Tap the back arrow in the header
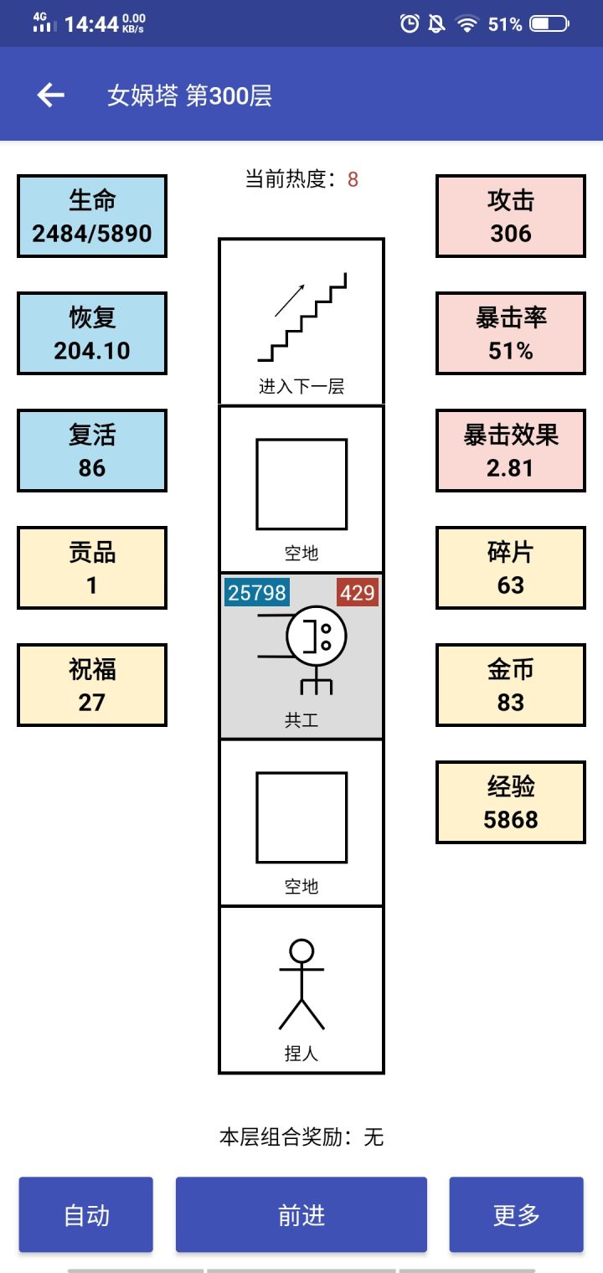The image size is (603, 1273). (x=51, y=95)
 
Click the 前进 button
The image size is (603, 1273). (x=301, y=1215)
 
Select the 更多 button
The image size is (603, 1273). (x=516, y=1215)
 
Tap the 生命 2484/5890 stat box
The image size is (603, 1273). (x=92, y=216)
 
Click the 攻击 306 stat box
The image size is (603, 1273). (x=511, y=216)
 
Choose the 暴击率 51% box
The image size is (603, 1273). (x=511, y=333)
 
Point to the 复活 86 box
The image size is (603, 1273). (x=92, y=451)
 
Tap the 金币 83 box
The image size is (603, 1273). (x=511, y=685)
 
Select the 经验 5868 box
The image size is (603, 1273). (x=511, y=802)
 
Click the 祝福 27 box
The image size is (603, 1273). (x=92, y=685)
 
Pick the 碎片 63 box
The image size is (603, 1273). (x=511, y=568)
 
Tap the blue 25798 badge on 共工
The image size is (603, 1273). (x=257, y=593)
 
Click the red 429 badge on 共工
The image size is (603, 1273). (x=358, y=593)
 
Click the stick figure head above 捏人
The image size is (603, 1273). (x=301, y=951)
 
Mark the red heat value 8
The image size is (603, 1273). (x=353, y=179)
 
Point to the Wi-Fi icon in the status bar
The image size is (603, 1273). (x=466, y=23)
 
